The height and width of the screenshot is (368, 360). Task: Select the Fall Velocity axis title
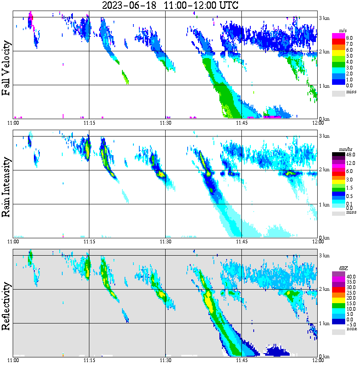(6, 68)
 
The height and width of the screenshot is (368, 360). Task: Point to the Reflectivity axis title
(6, 305)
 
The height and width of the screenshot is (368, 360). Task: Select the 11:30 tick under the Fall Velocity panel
(165, 123)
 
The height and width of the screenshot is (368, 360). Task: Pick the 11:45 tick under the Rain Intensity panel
(241, 241)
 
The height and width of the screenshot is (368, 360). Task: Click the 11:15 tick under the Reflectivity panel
(89, 360)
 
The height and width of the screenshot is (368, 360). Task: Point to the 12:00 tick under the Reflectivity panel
(318, 360)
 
